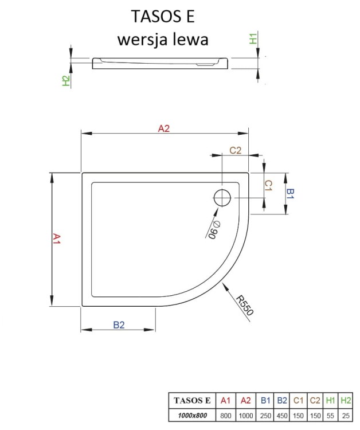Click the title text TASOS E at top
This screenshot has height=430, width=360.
(x=163, y=17)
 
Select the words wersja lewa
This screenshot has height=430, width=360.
(x=162, y=40)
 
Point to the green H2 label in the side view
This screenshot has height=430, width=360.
(x=66, y=81)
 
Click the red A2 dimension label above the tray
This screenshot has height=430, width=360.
(x=164, y=129)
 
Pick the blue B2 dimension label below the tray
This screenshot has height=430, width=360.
(x=119, y=325)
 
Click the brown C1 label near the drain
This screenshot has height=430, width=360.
(x=267, y=185)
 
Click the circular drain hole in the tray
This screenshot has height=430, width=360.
(x=222, y=198)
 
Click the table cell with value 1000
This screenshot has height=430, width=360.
(x=244, y=415)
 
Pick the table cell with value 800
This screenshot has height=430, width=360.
(x=225, y=415)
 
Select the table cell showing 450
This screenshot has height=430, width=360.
(x=281, y=415)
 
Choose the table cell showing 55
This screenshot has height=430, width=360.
(x=330, y=415)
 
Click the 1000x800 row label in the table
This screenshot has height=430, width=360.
(x=192, y=415)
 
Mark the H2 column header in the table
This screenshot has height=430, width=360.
(x=346, y=400)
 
